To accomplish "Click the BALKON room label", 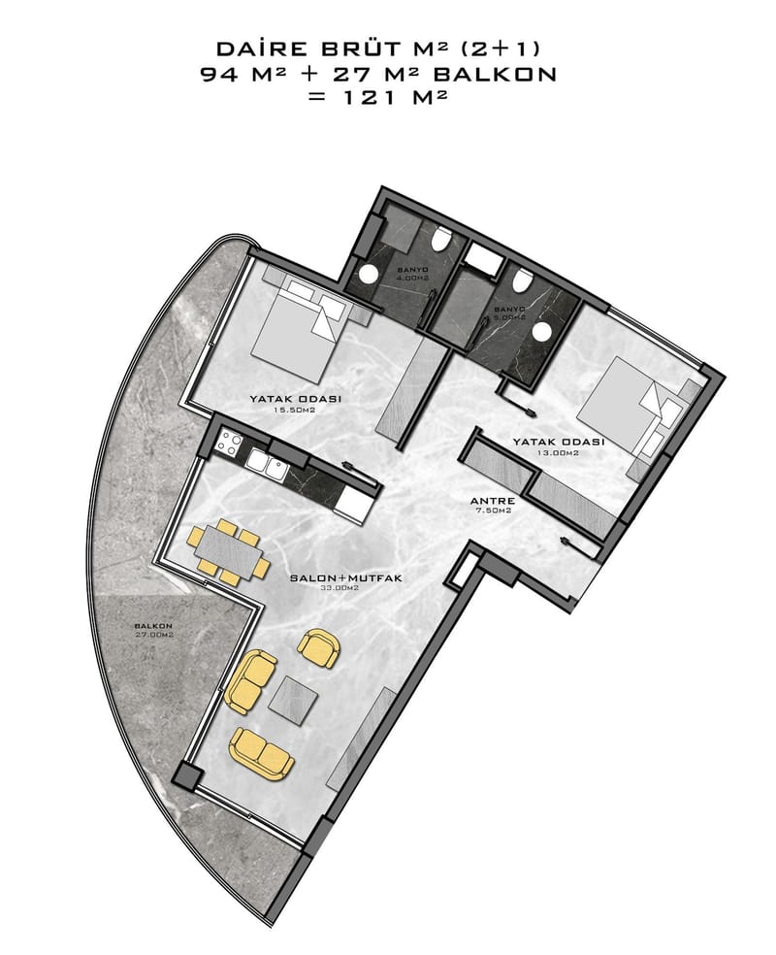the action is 153,625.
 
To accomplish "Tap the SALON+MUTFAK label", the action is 345,577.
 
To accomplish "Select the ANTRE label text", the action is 493,501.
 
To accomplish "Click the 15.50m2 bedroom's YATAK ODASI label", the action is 295,399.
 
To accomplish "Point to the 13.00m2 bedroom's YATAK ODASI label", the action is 558,442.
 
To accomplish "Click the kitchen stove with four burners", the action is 230,443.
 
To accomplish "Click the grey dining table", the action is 230,552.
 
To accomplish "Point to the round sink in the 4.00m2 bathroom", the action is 368,274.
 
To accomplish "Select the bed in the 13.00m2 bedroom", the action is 623,406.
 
